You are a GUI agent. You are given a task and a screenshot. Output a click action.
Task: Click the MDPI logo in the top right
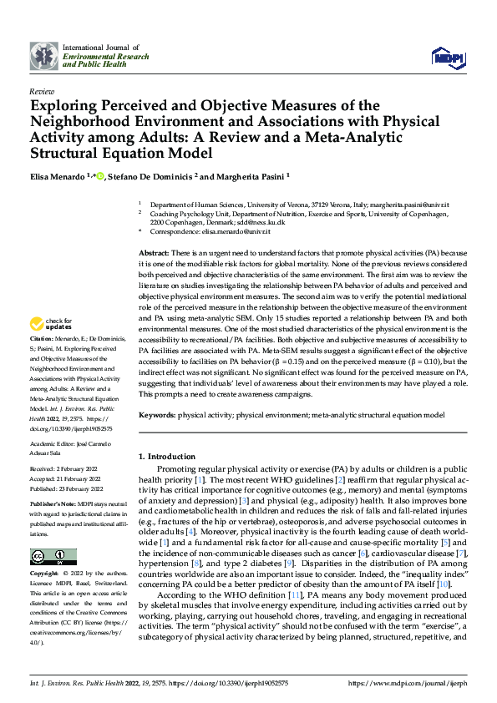click(448, 56)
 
